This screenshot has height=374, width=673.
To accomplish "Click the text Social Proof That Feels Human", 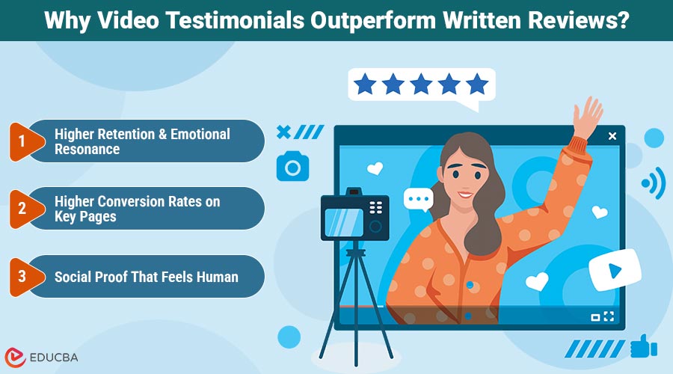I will click(147, 277).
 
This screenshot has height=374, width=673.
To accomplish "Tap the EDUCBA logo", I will click(40, 357).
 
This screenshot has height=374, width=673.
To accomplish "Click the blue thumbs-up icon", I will click(642, 346).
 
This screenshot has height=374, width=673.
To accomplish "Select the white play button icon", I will click(615, 270).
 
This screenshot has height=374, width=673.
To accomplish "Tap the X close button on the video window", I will click(612, 136).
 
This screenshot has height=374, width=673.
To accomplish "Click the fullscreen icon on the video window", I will click(609, 316).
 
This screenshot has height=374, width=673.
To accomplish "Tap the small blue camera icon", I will click(292, 166).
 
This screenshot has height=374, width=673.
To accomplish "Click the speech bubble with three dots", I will click(418, 200).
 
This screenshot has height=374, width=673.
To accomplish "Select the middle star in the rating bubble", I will click(421, 85).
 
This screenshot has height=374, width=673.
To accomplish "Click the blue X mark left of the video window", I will click(283, 132).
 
